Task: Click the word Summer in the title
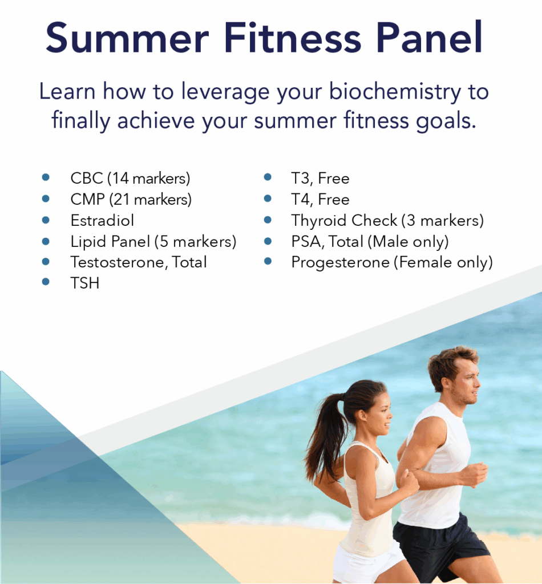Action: tap(127, 37)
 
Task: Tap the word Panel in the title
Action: tap(430, 37)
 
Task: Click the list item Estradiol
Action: tap(102, 221)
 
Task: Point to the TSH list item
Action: tap(85, 283)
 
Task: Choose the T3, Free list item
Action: tap(320, 179)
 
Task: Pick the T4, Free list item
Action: tap(320, 199)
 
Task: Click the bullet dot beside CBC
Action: tap(46, 177)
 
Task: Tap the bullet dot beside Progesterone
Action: tap(268, 261)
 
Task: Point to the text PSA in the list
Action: tap(306, 241)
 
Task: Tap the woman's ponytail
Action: tap(323, 432)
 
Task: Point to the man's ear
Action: tap(446, 384)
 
